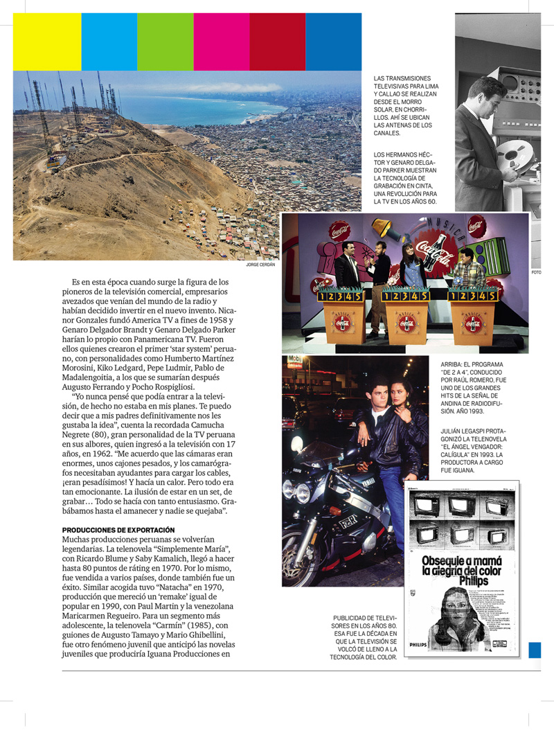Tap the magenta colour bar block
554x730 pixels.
tap(221, 42)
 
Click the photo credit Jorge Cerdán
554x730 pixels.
tap(260, 265)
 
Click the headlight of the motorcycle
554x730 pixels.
tap(303, 492)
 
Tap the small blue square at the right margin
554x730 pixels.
tap(534, 650)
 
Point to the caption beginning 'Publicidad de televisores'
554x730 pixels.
tap(365, 637)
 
